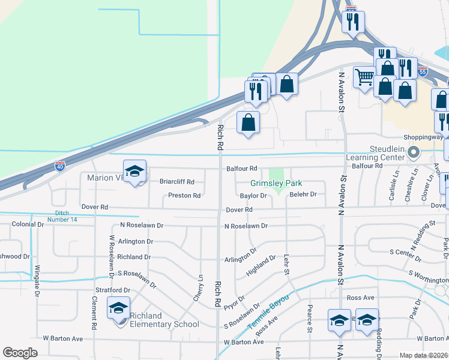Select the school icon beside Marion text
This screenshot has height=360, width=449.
(134, 172)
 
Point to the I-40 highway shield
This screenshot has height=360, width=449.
(60, 166)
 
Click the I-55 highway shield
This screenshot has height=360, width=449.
(423, 70)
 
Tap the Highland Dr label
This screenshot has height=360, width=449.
(261, 266)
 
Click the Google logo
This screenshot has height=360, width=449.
(20, 353)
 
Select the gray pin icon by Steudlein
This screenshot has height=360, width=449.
(412, 154)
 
